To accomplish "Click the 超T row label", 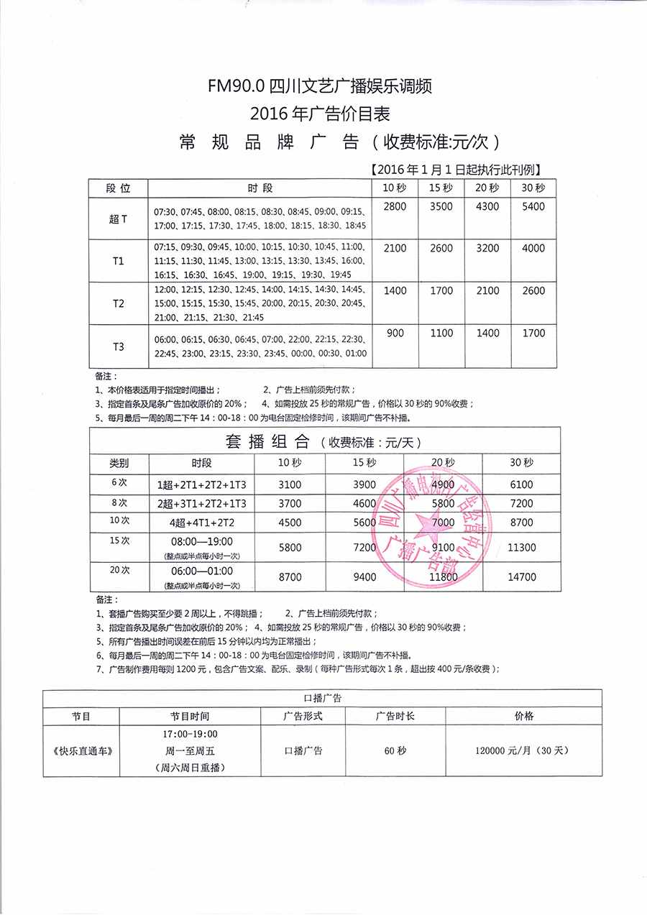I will (118, 219).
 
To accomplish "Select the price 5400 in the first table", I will (533, 207).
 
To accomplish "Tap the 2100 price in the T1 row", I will (395, 249).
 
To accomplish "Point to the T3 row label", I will (118, 346).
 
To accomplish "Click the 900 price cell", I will (395, 334).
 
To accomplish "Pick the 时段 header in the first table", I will (260, 188).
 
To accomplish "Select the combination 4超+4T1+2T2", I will (201, 523).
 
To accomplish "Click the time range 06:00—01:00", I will (201, 571).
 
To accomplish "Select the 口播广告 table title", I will (322, 697).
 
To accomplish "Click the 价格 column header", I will (523, 717).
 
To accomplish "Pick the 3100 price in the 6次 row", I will (289, 485).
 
